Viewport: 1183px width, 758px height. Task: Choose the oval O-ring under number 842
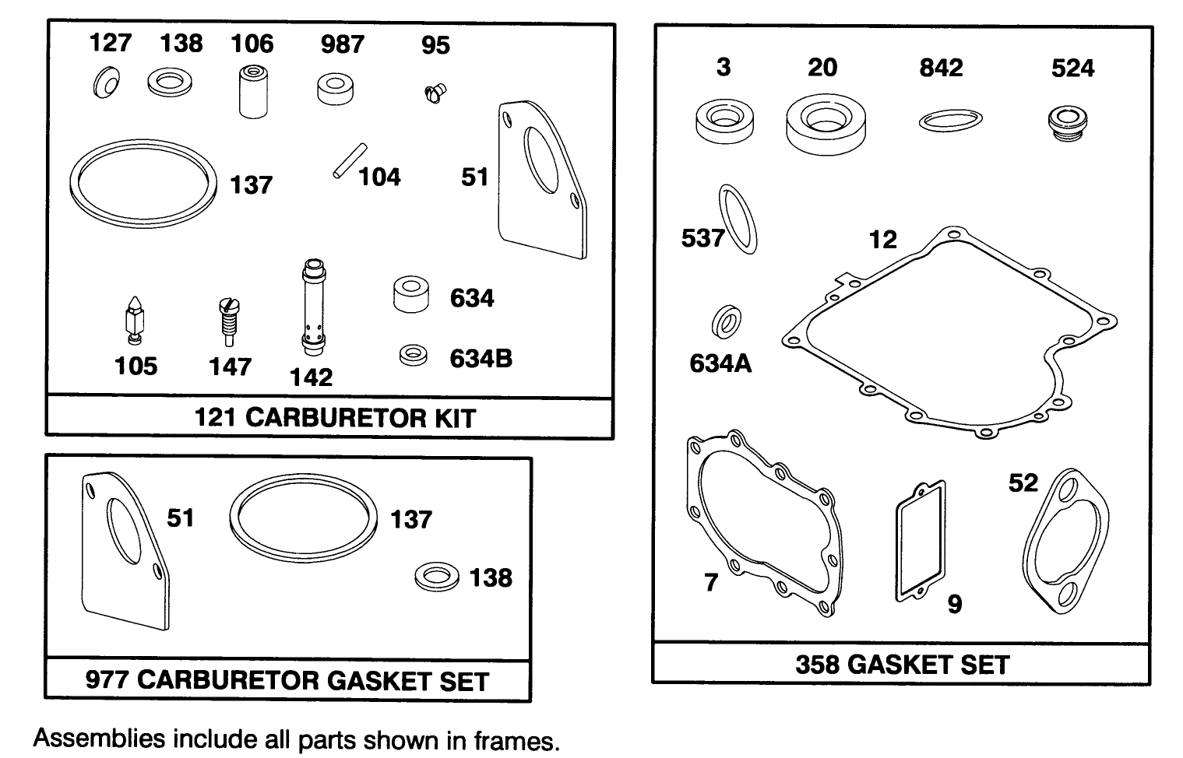click(950, 121)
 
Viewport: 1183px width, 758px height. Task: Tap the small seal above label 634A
click(727, 321)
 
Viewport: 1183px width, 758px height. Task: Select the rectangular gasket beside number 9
click(920, 541)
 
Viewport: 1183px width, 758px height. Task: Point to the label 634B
click(481, 359)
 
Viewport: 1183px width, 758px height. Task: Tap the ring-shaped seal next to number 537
click(737, 219)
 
